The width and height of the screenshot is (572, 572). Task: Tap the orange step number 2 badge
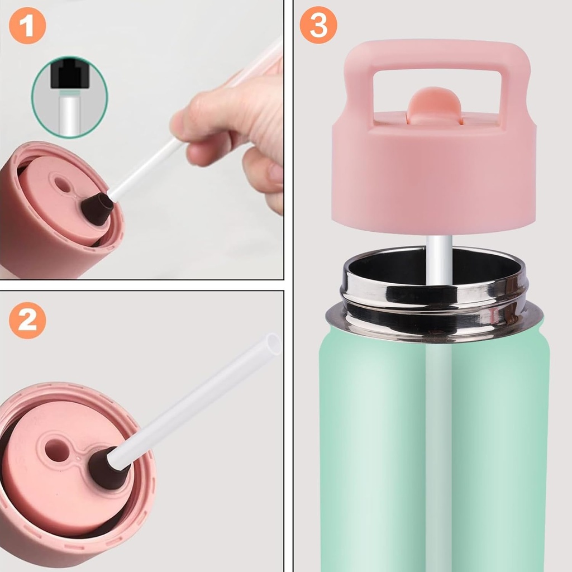point(27,320)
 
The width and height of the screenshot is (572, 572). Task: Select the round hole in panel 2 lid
point(57,450)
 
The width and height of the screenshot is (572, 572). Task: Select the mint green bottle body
point(380,447)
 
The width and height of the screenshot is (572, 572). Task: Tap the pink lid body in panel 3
point(435,179)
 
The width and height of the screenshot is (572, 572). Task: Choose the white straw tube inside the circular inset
point(70,115)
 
